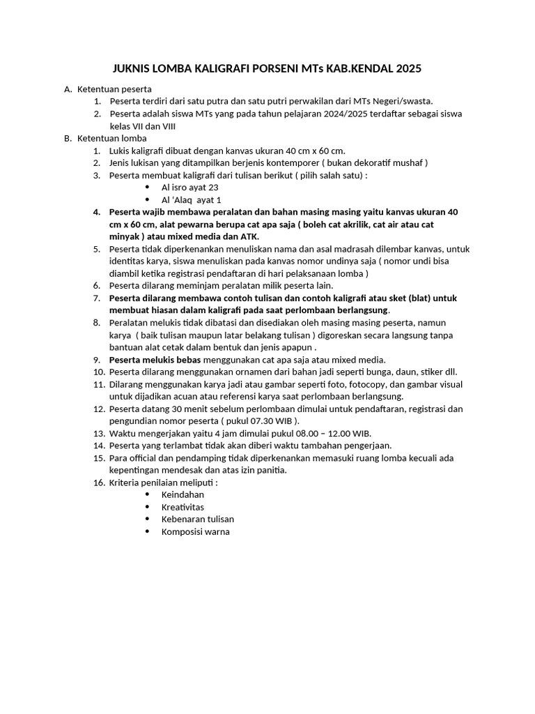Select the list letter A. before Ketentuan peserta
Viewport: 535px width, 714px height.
[68, 89]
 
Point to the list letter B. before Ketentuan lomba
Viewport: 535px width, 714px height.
[68, 138]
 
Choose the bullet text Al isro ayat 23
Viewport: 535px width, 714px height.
[190, 188]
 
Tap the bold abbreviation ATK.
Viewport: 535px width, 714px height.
[249, 236]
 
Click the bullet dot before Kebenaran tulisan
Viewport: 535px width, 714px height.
[147, 519]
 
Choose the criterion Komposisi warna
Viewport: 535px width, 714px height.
[195, 531]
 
